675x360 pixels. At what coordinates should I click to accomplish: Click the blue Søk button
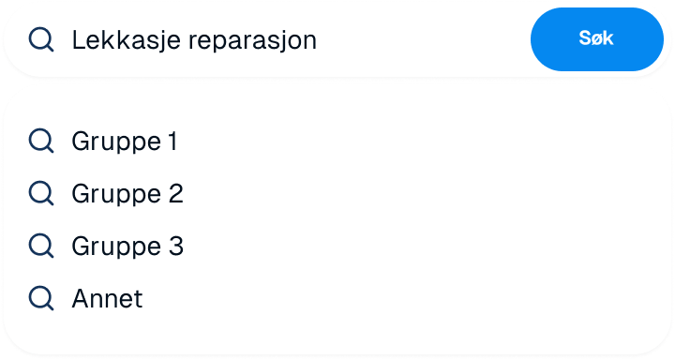coord(596,39)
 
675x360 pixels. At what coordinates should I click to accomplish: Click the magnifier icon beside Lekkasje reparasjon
coord(41,39)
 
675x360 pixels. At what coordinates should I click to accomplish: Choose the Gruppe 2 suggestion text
coord(127,194)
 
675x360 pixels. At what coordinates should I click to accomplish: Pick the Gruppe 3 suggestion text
coord(127,247)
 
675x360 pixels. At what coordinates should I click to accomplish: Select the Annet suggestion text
coord(107,299)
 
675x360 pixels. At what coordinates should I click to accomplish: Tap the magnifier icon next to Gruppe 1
coord(41,142)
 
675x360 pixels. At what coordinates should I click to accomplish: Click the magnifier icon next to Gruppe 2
coord(41,194)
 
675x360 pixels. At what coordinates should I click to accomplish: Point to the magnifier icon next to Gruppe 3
coord(41,247)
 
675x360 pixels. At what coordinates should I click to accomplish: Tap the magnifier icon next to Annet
coord(41,299)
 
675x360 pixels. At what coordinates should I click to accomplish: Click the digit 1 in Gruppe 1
coord(172,142)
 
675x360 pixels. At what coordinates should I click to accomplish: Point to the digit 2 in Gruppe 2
coord(175,194)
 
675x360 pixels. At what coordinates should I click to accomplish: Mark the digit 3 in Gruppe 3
coord(175,247)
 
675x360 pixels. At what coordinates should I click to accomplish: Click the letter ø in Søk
coord(596,40)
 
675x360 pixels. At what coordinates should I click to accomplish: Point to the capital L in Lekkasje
coord(78,40)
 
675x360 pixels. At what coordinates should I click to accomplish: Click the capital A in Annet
coord(80,299)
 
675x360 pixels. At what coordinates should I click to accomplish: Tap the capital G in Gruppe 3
coord(81,247)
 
